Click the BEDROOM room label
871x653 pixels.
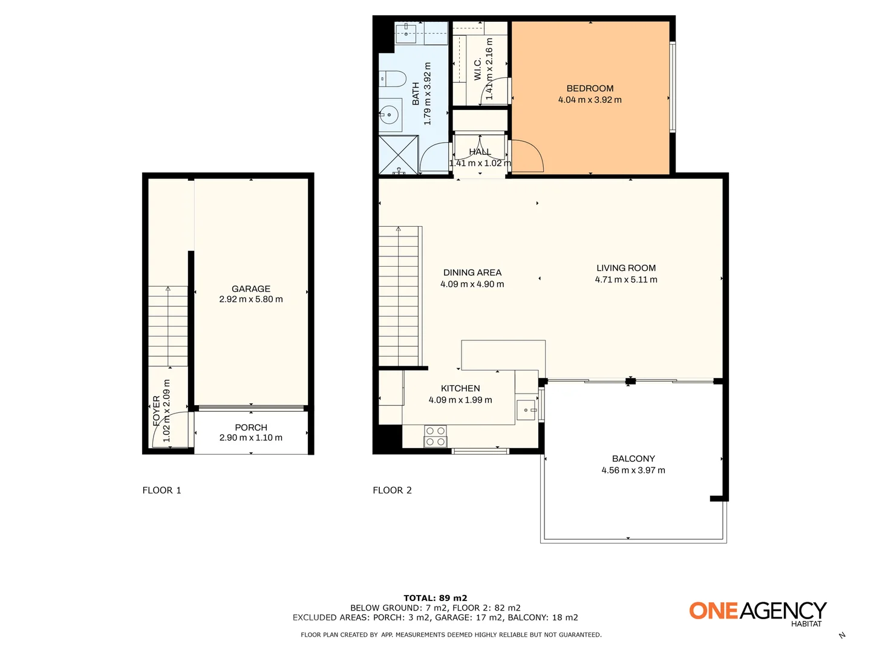590,88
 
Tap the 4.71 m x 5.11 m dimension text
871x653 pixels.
626,279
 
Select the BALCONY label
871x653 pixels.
633,458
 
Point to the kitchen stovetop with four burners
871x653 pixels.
435,436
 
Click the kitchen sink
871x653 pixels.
526,411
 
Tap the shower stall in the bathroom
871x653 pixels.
398,155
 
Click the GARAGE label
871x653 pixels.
251,289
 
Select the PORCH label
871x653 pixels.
251,427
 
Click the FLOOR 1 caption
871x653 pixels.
161,490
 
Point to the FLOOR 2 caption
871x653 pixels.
392,490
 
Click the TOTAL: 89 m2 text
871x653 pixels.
435,598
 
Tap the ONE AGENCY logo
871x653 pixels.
758,612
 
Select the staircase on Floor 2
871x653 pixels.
399,296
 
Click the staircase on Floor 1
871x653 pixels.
168,326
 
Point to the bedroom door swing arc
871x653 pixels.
527,156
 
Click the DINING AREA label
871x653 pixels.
472,273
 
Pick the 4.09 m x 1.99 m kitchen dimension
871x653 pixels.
460,400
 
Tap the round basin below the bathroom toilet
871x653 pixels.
390,114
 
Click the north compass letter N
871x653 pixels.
842,635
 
